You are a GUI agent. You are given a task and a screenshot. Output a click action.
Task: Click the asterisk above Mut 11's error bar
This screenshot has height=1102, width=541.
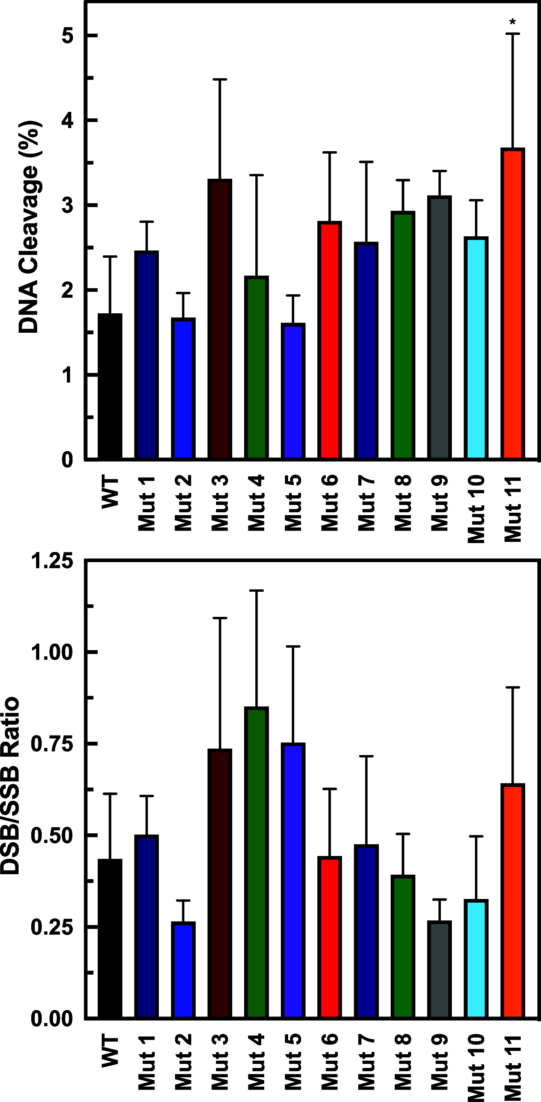[513, 21]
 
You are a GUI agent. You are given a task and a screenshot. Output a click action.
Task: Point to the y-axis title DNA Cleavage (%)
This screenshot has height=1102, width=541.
[29, 227]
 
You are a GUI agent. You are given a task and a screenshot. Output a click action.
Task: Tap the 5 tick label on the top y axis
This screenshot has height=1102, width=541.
[68, 36]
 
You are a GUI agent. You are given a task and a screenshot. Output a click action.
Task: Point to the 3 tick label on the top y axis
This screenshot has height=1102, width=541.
[68, 206]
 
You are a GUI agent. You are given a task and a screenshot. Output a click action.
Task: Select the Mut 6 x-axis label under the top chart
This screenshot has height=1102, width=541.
[330, 503]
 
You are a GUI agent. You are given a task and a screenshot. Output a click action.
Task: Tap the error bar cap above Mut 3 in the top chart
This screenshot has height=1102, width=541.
[220, 79]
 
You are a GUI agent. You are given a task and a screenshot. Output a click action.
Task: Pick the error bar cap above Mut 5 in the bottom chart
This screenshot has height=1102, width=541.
[293, 646]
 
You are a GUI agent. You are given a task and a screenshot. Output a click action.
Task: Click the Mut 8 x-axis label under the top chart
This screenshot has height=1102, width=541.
[403, 503]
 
